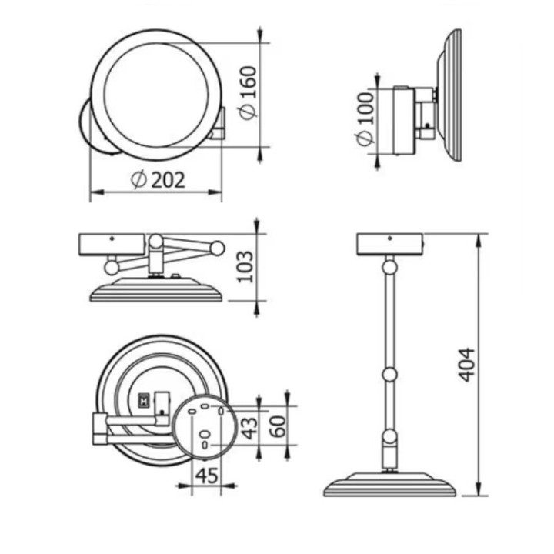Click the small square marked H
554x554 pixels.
click(142, 401)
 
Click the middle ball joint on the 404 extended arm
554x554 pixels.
click(390, 375)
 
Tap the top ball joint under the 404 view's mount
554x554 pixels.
click(390, 267)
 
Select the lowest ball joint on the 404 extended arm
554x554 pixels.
click(390, 439)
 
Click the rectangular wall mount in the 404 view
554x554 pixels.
click(391, 244)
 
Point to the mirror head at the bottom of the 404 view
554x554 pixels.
click(390, 484)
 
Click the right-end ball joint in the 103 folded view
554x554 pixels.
click(218, 248)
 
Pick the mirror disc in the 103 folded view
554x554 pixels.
click(156, 292)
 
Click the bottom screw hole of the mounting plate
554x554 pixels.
click(204, 444)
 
